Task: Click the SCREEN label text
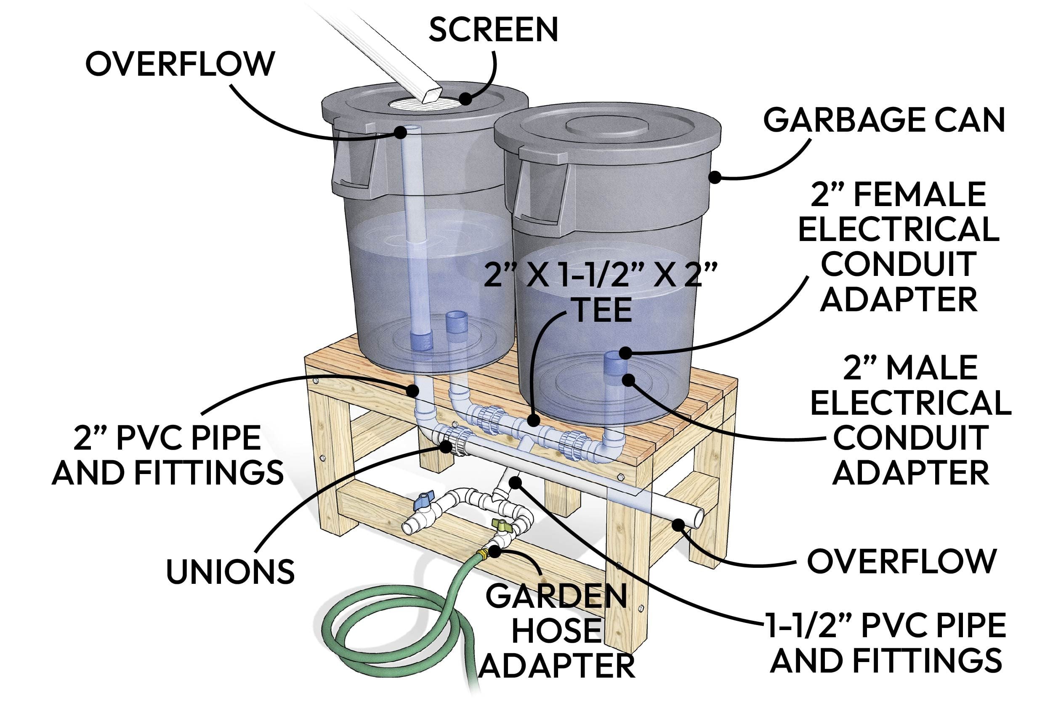[493, 29]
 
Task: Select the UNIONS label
[230, 572]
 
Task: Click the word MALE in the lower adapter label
[932, 368]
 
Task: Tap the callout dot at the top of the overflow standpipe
[400, 132]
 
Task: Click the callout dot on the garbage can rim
[715, 177]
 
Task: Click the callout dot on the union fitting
[446, 446]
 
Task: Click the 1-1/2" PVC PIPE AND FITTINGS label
[886, 643]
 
